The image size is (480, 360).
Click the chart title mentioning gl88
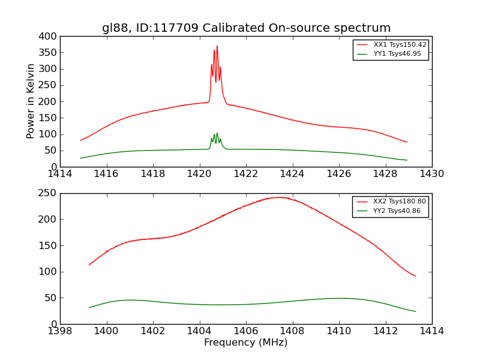[x=246, y=28]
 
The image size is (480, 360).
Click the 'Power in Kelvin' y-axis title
[x=31, y=101]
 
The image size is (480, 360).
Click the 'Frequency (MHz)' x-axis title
[x=246, y=343]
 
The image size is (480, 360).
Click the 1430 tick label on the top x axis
[x=431, y=174]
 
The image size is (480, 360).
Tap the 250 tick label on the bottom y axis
[x=48, y=193]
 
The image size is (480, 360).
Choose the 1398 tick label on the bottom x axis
[x=60, y=331]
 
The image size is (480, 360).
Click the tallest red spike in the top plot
[x=217, y=47]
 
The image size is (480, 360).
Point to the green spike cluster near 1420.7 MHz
[x=216, y=138]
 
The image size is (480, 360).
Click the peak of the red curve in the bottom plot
[x=280, y=197]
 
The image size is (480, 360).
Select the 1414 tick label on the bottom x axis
[x=431, y=331]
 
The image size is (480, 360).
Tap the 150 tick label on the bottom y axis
[x=48, y=245]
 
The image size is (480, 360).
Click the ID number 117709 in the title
[x=178, y=28]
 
